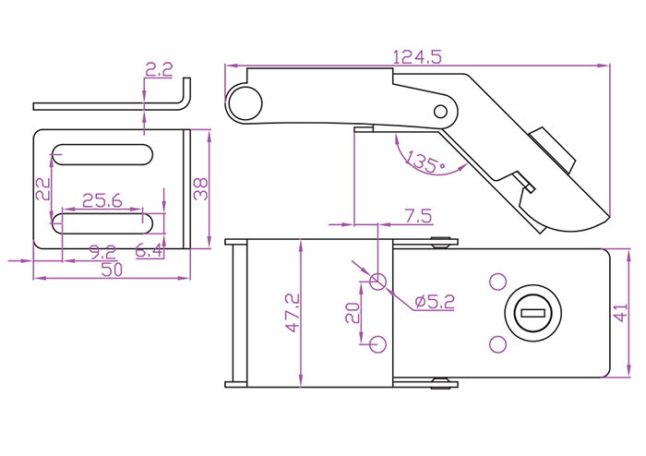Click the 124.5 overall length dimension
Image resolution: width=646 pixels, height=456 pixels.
(417, 57)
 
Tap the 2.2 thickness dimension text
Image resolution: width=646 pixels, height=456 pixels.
(159, 69)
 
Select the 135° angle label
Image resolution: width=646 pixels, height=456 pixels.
(426, 162)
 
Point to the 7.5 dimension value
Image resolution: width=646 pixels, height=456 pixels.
(418, 216)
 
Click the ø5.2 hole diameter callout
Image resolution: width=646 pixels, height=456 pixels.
(435, 302)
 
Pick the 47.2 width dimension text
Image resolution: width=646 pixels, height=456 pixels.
(293, 313)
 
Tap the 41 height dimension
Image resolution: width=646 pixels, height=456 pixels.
(620, 313)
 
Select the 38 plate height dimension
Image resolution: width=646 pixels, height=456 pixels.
(200, 189)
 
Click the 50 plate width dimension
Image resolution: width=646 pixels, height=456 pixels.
(112, 270)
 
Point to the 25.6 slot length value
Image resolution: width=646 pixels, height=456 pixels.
(102, 200)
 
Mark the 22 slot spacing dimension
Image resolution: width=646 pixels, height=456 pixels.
(42, 189)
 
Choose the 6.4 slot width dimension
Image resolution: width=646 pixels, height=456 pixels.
(150, 250)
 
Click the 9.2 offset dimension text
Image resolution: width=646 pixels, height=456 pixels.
(103, 252)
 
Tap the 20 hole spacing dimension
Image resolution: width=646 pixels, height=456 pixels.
(353, 313)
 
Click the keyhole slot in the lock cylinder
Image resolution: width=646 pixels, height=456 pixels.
(533, 314)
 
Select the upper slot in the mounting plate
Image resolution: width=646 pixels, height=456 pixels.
(102, 155)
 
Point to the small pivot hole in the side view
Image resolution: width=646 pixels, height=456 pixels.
(440, 111)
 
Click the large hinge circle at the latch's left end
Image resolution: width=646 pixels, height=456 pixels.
(245, 103)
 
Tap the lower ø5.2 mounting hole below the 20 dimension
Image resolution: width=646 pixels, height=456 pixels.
(377, 344)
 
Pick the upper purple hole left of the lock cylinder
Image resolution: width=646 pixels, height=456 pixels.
(497, 282)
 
